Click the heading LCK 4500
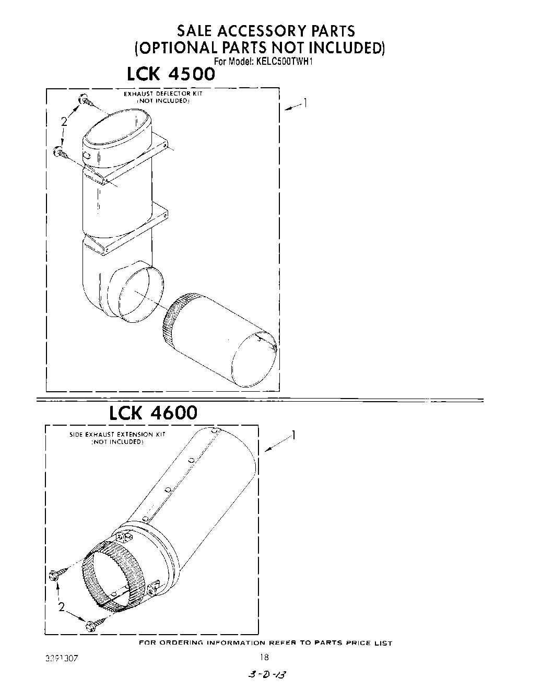click(x=171, y=74)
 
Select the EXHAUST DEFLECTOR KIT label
click(x=162, y=94)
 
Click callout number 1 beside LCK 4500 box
click(x=305, y=103)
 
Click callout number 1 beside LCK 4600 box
click(x=294, y=435)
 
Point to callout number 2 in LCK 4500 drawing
click(x=64, y=122)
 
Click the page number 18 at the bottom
click(x=264, y=658)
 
